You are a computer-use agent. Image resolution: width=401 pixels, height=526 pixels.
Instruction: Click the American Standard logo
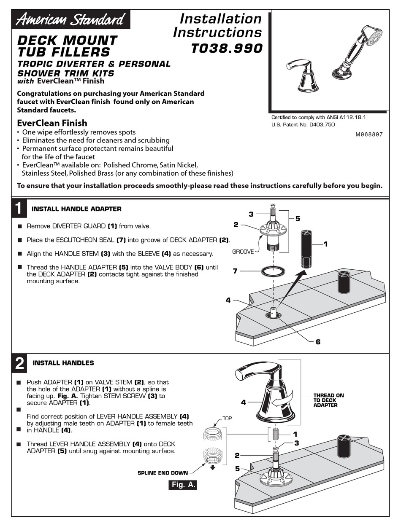pos(70,19)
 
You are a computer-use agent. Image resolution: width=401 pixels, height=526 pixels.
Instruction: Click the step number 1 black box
pos(18,209)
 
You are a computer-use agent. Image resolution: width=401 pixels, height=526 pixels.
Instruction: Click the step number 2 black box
pos(19,363)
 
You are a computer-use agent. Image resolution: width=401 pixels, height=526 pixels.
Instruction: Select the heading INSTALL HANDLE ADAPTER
pos(76,209)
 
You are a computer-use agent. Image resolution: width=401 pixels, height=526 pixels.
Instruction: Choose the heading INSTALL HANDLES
pos(63,363)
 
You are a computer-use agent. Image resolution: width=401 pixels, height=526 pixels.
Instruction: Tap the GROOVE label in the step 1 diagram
pos(243,252)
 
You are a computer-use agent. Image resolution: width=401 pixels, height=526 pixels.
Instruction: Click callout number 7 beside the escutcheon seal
pos(235,271)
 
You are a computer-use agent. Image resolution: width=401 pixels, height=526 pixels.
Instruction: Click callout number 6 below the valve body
pos(318,342)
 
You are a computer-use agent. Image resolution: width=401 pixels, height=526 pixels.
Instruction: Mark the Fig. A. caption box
pos(182,485)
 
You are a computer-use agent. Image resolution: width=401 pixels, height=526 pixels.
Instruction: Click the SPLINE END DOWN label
pos(163,473)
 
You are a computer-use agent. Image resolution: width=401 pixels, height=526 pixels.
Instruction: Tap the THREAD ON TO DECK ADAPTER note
pos(328,400)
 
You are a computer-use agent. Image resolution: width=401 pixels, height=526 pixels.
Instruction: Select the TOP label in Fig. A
pos(227,419)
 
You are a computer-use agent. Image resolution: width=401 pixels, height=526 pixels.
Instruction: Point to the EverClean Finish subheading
pos(52,123)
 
